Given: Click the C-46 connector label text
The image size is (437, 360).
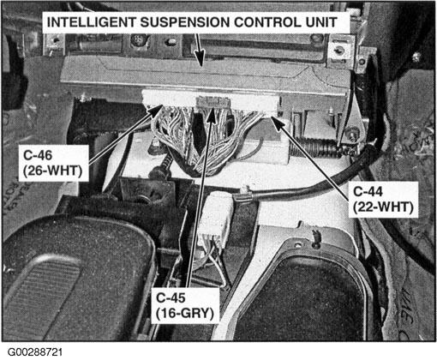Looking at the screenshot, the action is pyautogui.click(x=38, y=155).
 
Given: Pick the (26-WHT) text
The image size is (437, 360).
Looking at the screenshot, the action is pyautogui.click(x=53, y=171).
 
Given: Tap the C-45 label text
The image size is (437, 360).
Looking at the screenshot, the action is pyautogui.click(x=171, y=298).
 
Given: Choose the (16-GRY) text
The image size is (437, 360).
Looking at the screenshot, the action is pyautogui.click(x=185, y=314).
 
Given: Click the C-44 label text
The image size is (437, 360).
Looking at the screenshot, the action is pyautogui.click(x=368, y=191).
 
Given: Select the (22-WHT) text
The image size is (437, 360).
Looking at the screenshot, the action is pyautogui.click(x=383, y=207).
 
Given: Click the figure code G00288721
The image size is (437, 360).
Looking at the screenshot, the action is pyautogui.click(x=35, y=351).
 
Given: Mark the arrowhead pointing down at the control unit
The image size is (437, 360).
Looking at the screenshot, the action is pyautogui.click(x=200, y=58).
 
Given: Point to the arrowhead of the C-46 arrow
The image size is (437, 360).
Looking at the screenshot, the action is pyautogui.click(x=156, y=111).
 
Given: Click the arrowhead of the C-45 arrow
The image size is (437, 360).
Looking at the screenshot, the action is pyautogui.click(x=211, y=115).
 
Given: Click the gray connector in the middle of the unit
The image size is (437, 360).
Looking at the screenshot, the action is pyautogui.click(x=213, y=101).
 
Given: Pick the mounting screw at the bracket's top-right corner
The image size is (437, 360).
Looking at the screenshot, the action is pyautogui.click(x=339, y=51).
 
